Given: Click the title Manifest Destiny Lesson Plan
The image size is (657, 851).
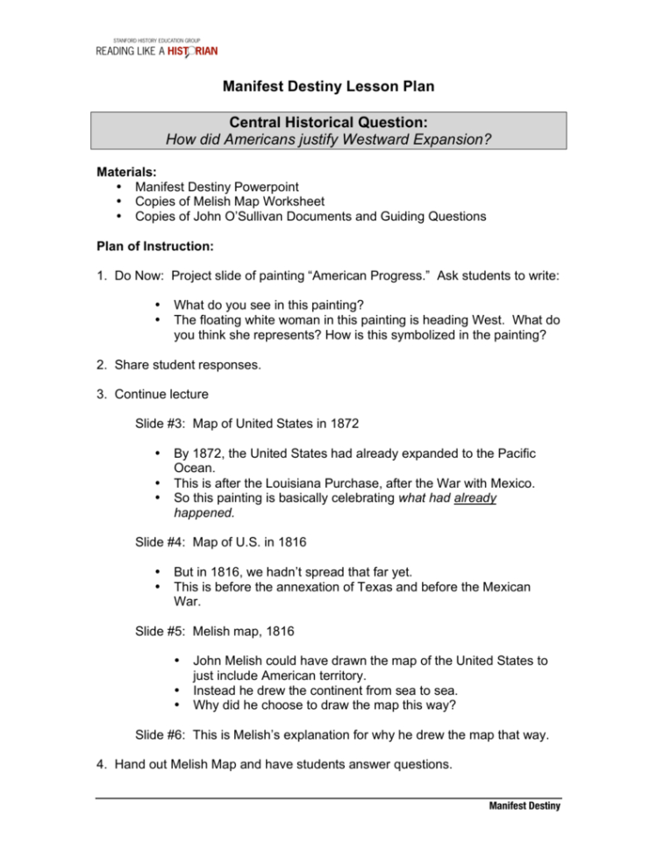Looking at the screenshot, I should click(328, 87).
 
